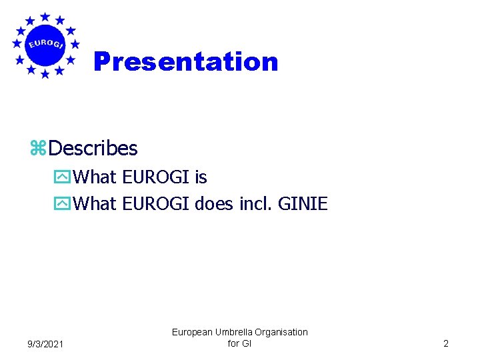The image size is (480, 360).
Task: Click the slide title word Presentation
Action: pos(186,61)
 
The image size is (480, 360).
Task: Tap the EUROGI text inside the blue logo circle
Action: pos(45,45)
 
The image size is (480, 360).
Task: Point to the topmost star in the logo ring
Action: pos(45,16)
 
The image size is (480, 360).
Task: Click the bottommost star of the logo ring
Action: pos(45,74)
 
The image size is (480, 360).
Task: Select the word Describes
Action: pos(93,147)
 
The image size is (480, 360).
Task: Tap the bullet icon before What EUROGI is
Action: pos(63,178)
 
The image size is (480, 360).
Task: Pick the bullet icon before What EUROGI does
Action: pos(63,204)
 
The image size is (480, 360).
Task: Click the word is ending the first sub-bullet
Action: pos(201,177)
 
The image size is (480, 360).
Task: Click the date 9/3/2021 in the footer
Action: pos(46,344)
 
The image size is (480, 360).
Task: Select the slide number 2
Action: pos(446,343)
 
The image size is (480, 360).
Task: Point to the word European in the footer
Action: pos(191,331)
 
